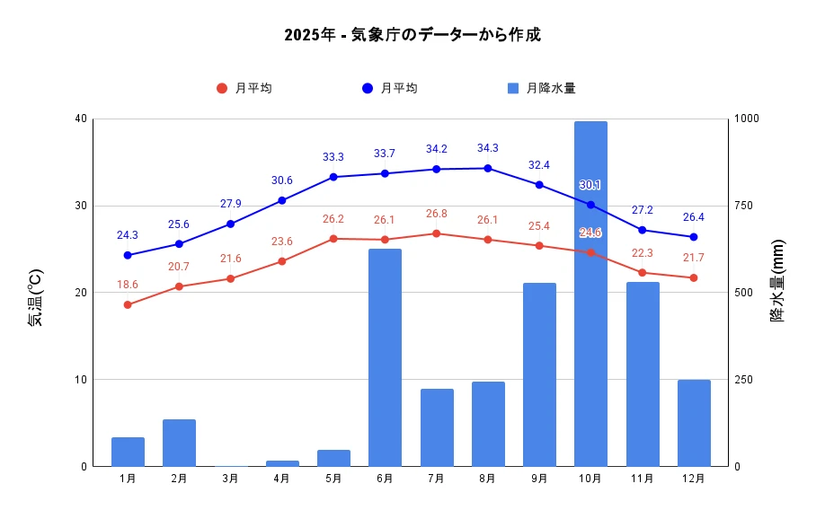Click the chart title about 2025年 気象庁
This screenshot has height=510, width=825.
(x=412, y=36)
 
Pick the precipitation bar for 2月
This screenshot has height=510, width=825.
(x=179, y=443)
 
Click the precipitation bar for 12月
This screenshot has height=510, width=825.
(x=694, y=423)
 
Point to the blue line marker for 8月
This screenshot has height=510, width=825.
(x=488, y=168)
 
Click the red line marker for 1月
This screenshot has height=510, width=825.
(x=128, y=305)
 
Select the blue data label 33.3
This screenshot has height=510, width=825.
(x=333, y=157)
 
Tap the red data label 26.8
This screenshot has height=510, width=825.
(x=436, y=214)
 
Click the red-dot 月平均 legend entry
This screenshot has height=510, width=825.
(x=244, y=88)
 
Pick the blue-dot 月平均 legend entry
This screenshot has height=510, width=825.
(x=389, y=88)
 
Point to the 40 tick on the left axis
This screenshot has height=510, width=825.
(x=82, y=119)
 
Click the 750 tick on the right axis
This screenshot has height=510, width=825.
(x=747, y=206)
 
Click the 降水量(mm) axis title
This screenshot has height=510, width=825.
(x=777, y=281)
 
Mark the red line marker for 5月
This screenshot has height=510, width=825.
(x=333, y=239)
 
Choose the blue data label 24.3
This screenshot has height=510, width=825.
(x=128, y=235)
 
